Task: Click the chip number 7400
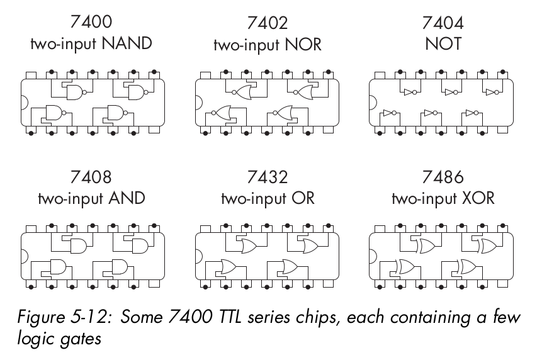[92, 23]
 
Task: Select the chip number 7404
[443, 23]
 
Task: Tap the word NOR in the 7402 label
[302, 44]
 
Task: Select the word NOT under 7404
[443, 44]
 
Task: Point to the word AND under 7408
[126, 198]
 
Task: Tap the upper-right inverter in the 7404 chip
[491, 92]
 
